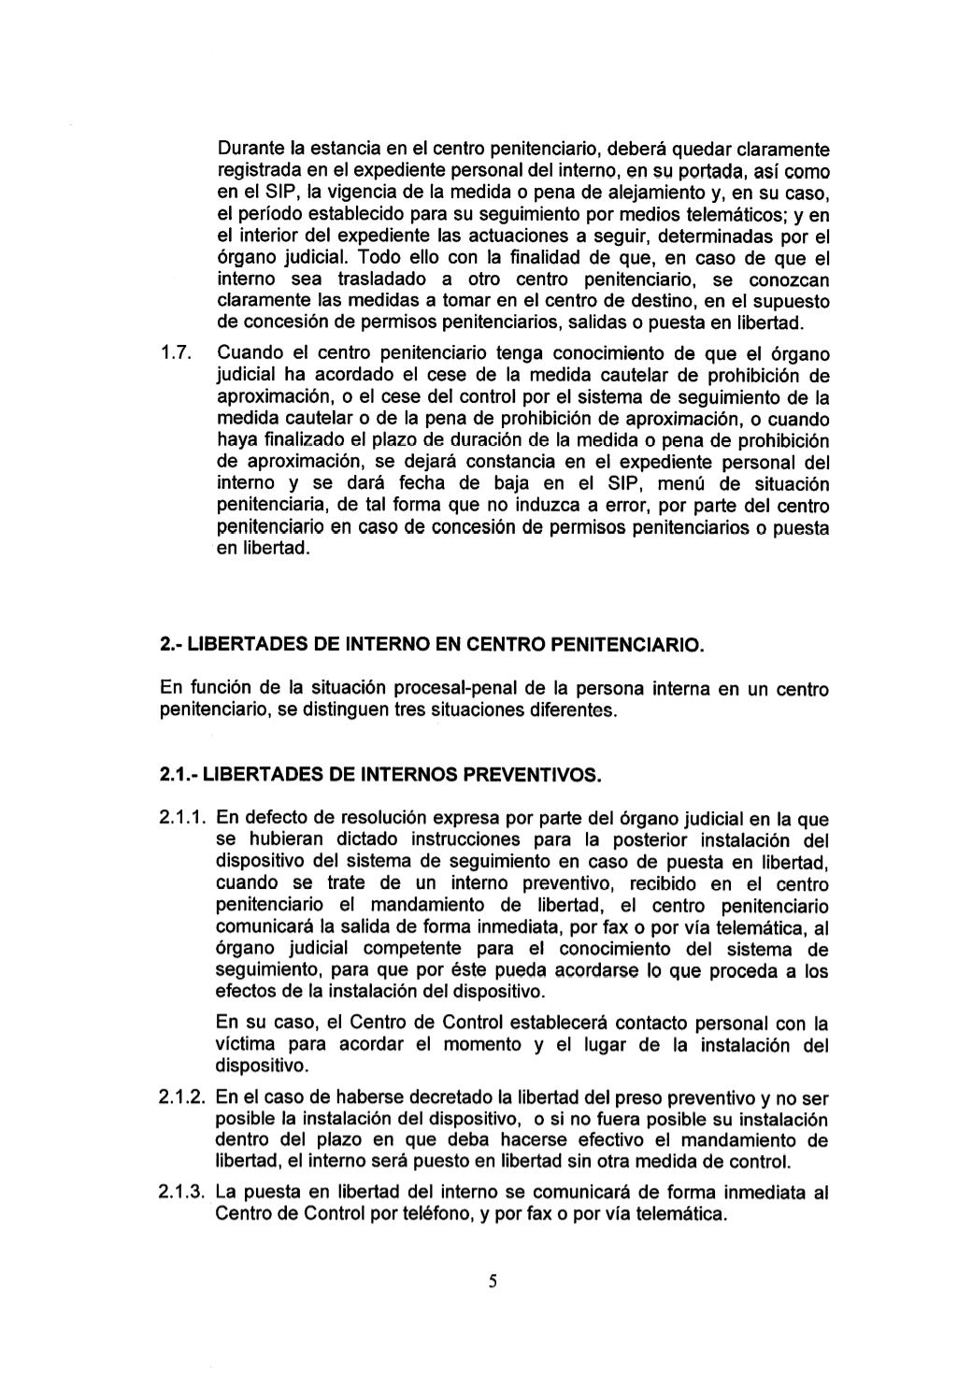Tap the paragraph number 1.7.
(x=176, y=354)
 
